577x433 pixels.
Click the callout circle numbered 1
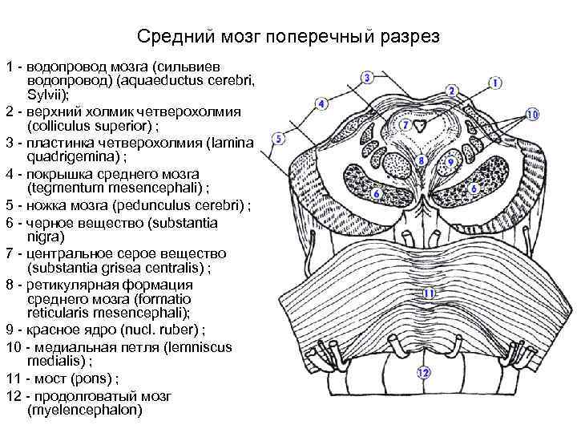[495, 83]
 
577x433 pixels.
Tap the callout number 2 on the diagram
[452, 91]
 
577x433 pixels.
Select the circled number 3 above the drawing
[367, 78]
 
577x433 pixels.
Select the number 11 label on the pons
[429, 293]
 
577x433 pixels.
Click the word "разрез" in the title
[410, 38]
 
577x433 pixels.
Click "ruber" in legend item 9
[166, 330]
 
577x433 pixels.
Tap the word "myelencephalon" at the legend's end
[84, 410]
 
